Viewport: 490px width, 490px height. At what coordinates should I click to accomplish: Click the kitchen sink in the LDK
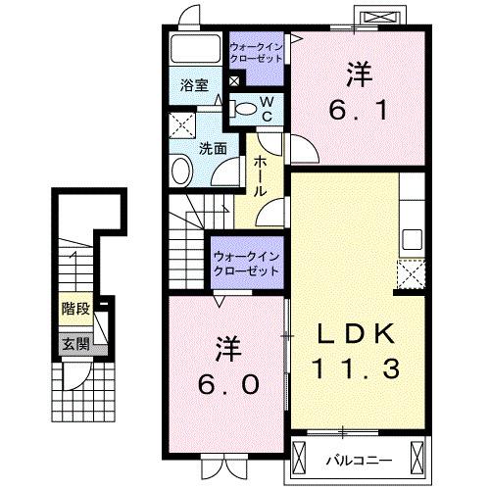point(412,238)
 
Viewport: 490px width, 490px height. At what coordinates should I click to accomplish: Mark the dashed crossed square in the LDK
point(411,273)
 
